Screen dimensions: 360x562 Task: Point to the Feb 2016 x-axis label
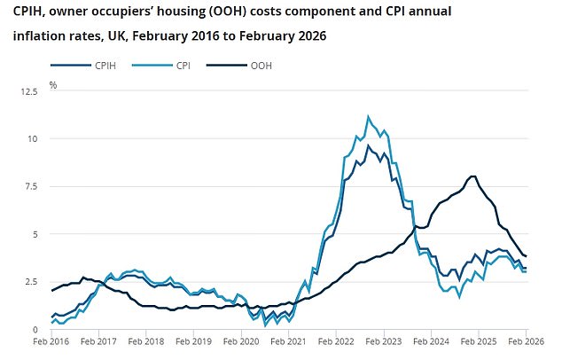click(x=51, y=340)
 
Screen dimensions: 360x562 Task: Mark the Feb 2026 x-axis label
click(x=525, y=340)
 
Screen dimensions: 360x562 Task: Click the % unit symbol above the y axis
click(x=53, y=85)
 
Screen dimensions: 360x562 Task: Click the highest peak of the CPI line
click(x=368, y=116)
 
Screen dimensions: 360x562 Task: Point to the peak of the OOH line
click(x=473, y=176)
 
